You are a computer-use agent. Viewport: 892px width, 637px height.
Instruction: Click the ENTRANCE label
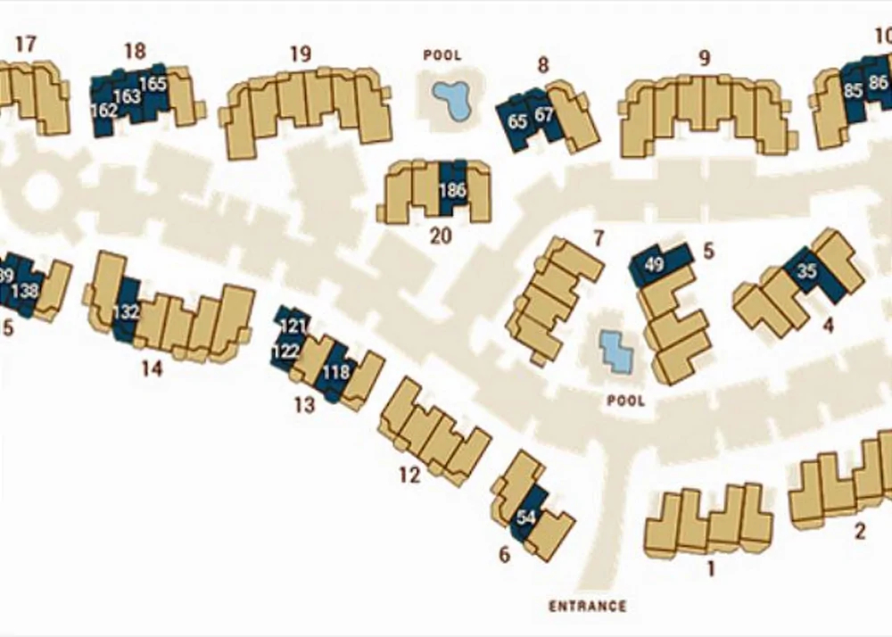(x=587, y=607)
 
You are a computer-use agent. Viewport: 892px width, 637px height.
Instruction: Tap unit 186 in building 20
(x=453, y=189)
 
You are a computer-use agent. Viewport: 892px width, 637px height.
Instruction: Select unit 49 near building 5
(x=654, y=263)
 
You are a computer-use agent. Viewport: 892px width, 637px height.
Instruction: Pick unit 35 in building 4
(x=806, y=272)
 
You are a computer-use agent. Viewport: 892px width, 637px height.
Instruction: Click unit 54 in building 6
(x=526, y=517)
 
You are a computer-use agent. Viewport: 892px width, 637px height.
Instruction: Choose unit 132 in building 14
(x=127, y=311)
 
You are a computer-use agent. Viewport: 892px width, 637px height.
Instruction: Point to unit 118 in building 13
(x=335, y=372)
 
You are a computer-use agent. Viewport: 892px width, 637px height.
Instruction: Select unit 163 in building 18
(x=128, y=95)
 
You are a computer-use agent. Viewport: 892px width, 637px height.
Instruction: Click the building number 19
(x=301, y=54)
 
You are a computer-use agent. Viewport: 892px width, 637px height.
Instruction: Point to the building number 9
(x=705, y=59)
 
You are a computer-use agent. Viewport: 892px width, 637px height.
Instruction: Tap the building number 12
(x=409, y=476)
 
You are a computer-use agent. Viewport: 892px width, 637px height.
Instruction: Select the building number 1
(x=712, y=567)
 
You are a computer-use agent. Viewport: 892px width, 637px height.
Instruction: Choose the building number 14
(x=152, y=368)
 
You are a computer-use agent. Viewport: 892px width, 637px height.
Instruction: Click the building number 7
(x=599, y=238)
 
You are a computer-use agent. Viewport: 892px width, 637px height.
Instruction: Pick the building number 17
(x=26, y=44)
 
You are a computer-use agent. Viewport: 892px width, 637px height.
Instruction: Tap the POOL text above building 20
(x=442, y=55)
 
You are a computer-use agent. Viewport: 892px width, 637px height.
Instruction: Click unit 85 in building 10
(x=853, y=90)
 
